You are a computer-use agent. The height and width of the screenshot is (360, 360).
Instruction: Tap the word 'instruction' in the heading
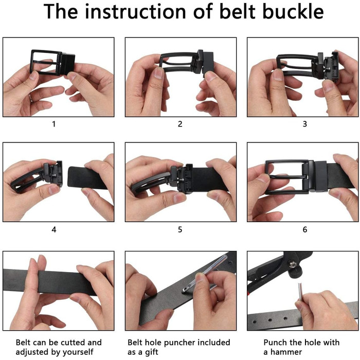[135, 11]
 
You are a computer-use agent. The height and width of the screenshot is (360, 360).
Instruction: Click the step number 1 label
[53, 124]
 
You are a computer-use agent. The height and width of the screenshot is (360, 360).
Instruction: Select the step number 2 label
[180, 124]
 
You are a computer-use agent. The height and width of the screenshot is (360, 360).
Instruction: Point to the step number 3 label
[304, 124]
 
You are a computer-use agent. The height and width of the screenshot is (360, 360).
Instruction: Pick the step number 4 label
[53, 229]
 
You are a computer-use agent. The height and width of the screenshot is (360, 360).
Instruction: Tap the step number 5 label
[180, 229]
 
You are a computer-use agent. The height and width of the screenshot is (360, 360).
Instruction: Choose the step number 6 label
[304, 229]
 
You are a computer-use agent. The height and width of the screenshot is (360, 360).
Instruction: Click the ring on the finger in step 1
[31, 98]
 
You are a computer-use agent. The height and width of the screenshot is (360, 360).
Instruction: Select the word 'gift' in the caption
[152, 352]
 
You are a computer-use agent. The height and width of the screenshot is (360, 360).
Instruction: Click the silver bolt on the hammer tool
[292, 264]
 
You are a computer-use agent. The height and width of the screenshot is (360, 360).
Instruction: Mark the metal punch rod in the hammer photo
[300, 292]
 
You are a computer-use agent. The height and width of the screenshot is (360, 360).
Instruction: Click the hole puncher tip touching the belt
[184, 291]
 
